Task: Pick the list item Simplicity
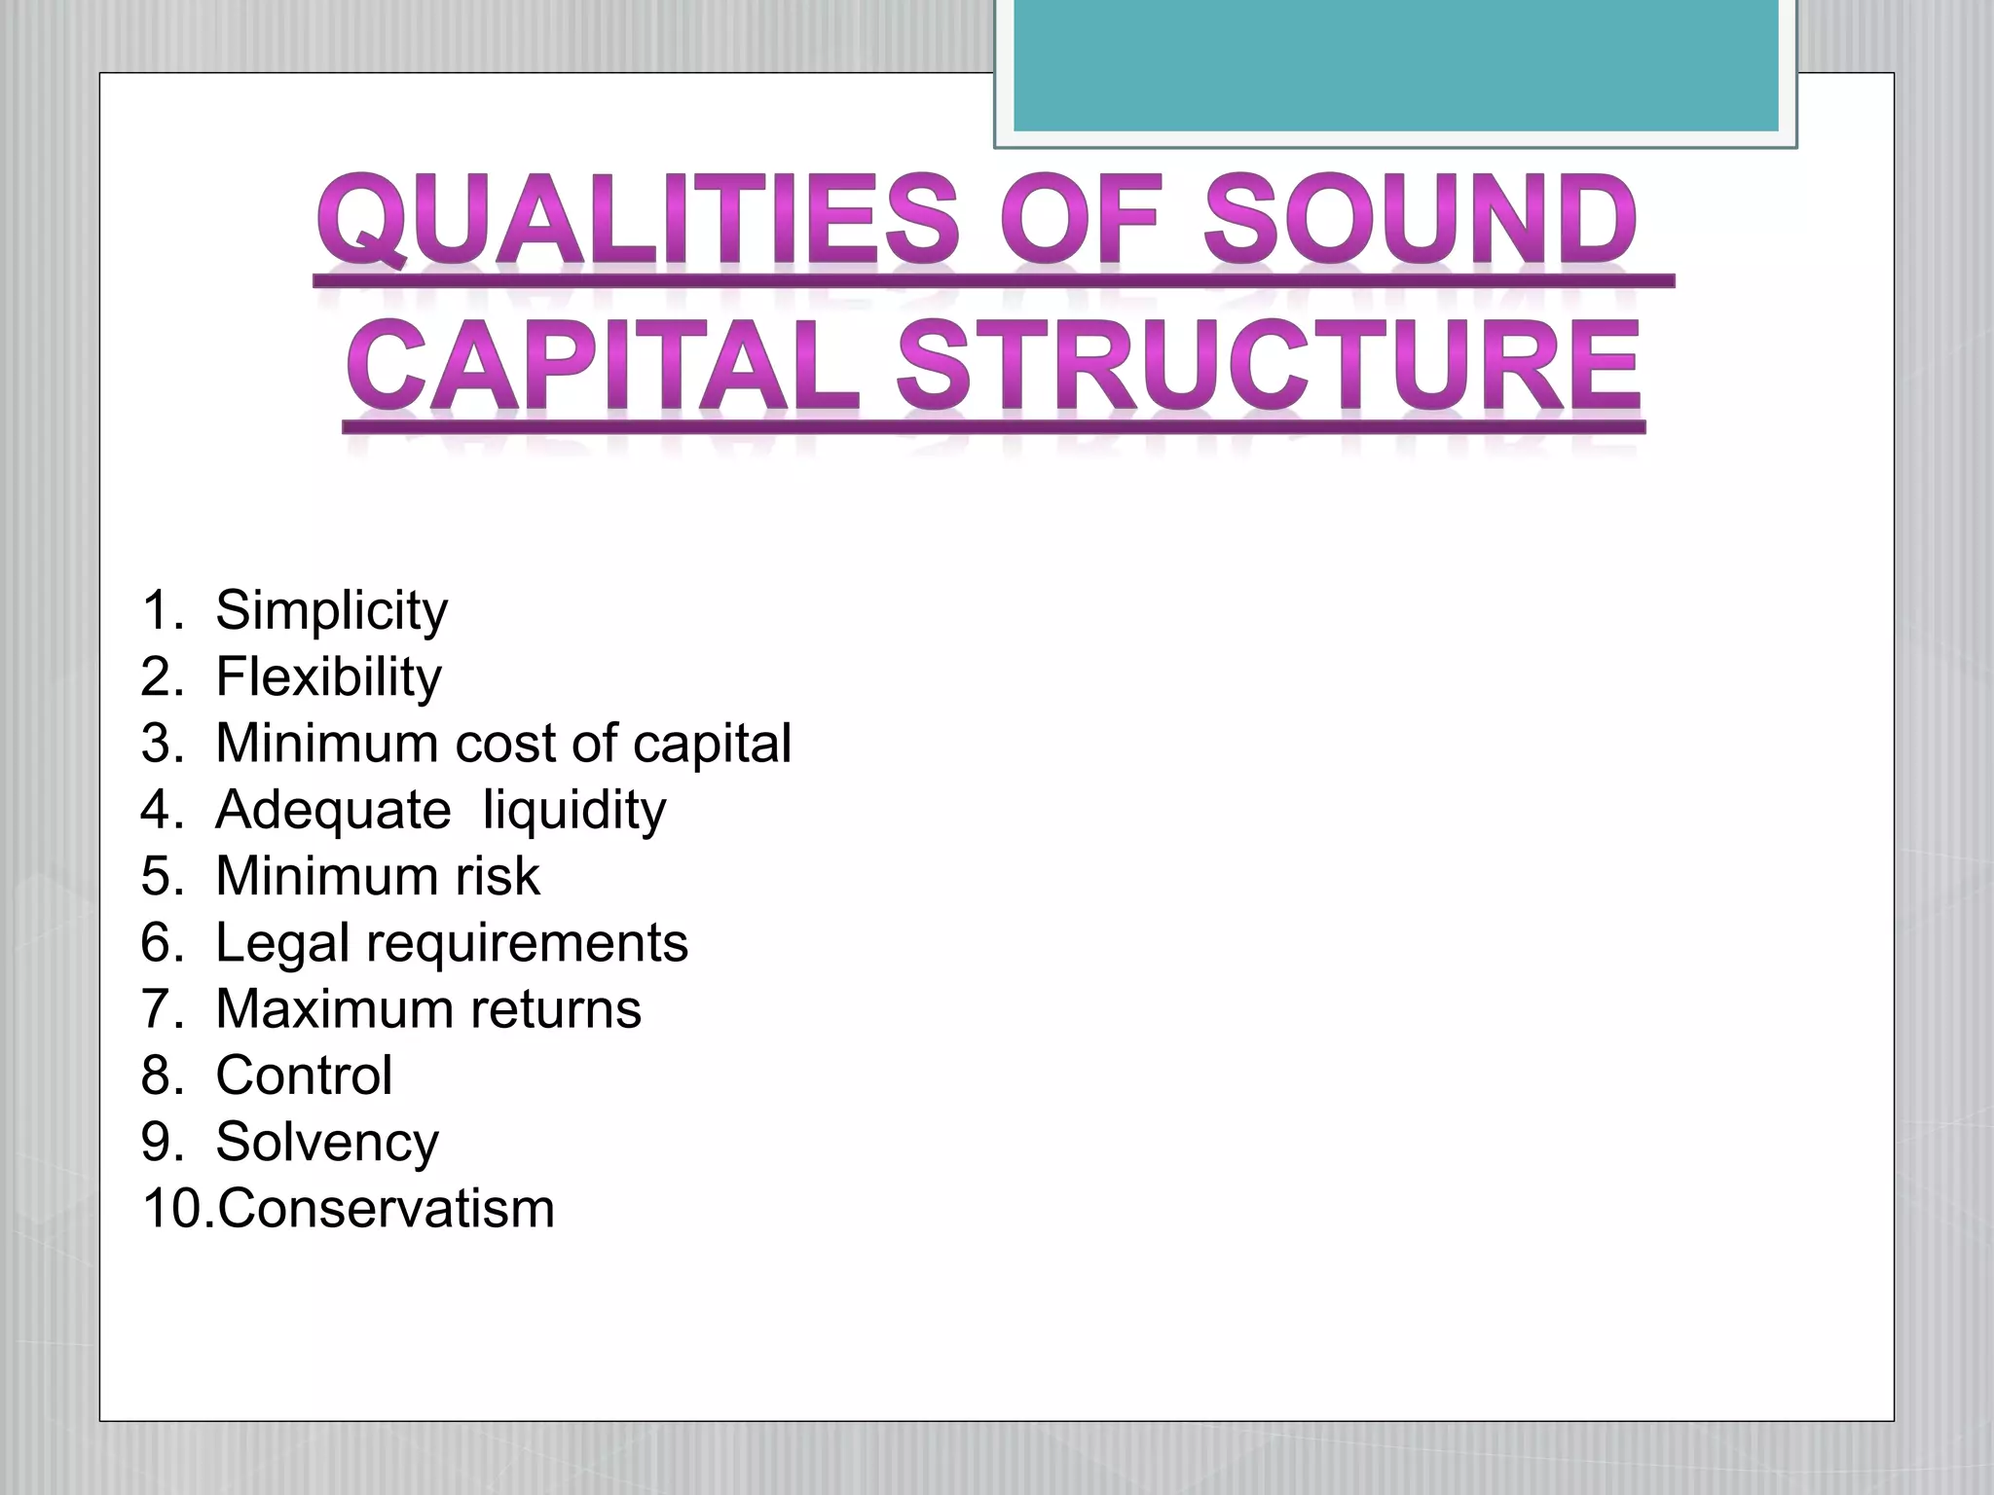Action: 331,611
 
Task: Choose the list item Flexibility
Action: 328,677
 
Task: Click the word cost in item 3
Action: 505,744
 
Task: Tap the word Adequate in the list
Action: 333,810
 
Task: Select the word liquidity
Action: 574,810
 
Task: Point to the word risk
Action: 497,876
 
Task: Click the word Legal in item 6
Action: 282,943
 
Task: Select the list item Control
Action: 304,1076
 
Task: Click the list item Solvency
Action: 327,1143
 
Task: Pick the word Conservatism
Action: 386,1209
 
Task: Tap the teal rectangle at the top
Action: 1395,64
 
